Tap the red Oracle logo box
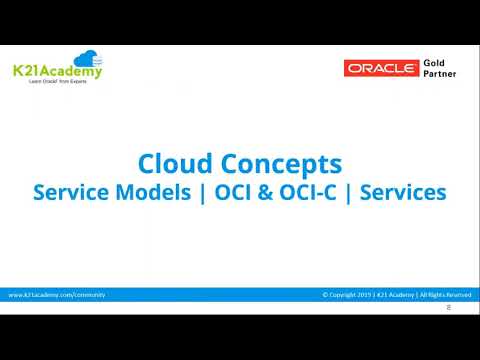coord(379,68)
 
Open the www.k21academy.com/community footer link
coord(57,295)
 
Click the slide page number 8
coord(448,307)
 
